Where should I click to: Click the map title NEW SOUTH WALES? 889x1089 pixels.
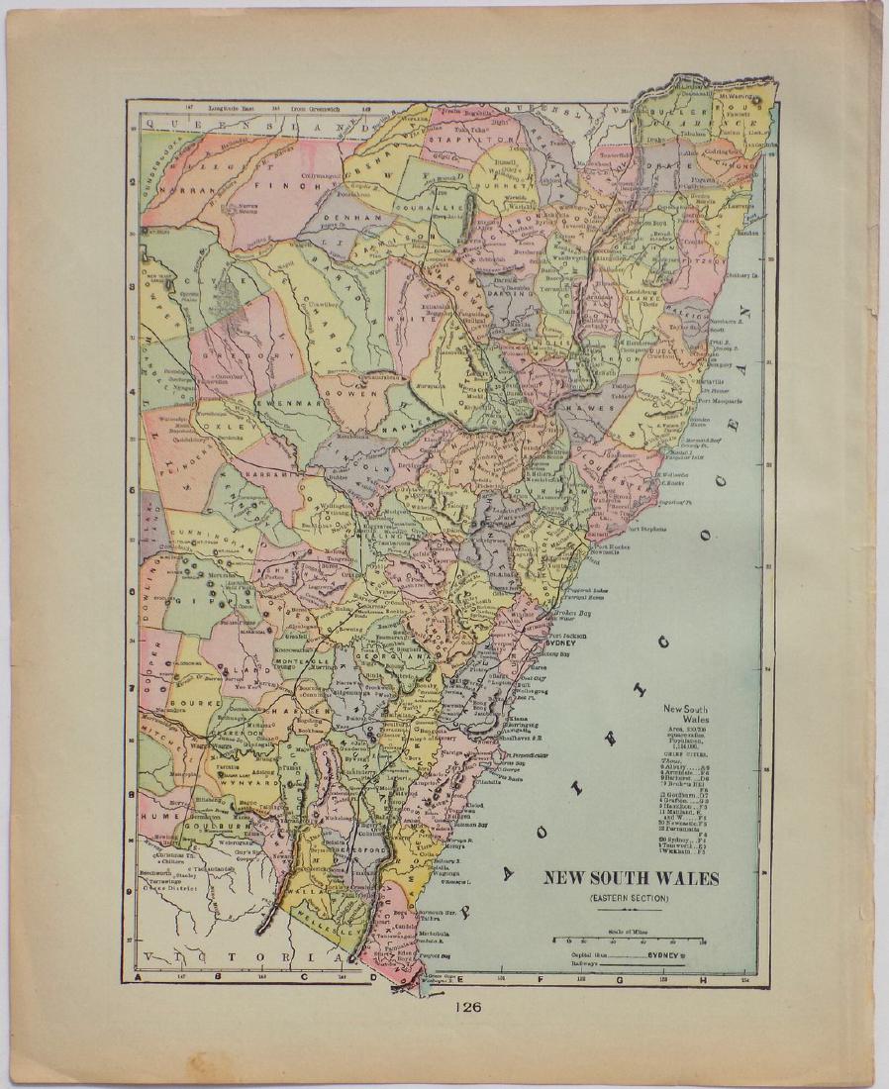[x=629, y=878]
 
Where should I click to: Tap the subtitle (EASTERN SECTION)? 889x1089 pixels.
[x=630, y=897]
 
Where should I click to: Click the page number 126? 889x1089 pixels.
[x=468, y=1008]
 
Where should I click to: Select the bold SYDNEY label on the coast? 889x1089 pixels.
[x=563, y=642]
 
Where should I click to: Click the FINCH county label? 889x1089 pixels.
[x=273, y=184]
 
